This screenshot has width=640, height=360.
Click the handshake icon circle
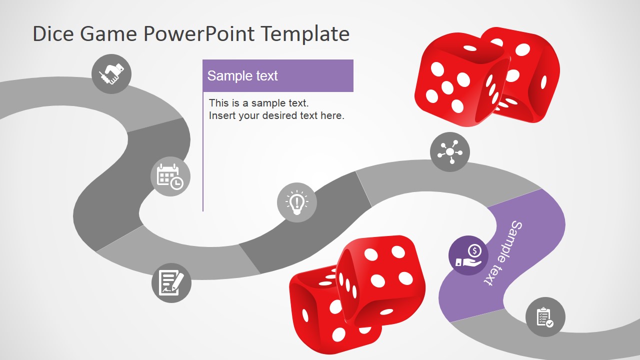pos(111,74)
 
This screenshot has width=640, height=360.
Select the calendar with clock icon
pos(170,176)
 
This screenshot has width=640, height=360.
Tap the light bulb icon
pos(297,202)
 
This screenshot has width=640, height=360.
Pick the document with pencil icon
pos(171,283)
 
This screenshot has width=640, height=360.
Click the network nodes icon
pos(450,152)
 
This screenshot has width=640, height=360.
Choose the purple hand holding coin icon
pos(468,255)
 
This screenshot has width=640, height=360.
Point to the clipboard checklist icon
pos(545,317)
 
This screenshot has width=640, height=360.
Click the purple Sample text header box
pos(278,76)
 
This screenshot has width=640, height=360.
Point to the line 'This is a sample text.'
pos(258,103)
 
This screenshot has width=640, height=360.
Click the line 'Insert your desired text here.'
pos(276,115)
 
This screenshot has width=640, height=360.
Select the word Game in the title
pos(108,34)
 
